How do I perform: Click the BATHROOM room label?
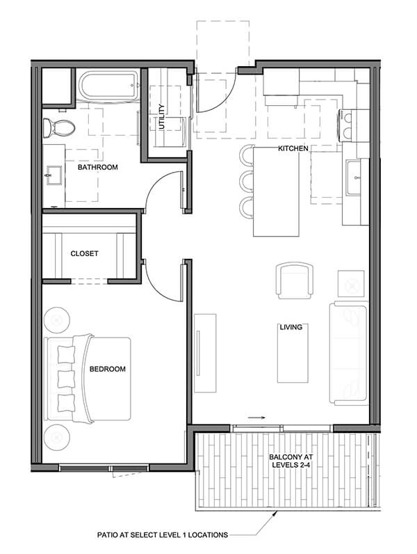coord(97,167)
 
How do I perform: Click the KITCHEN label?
coord(293,149)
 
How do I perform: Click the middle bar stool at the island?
coord(247,181)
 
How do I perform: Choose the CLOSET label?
coord(84,253)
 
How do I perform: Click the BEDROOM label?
coord(107,369)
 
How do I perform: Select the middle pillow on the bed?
coord(65,379)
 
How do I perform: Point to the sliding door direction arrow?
coord(256,418)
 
